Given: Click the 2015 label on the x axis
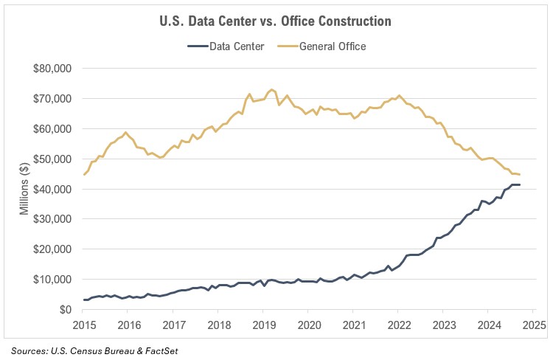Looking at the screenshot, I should (84, 325).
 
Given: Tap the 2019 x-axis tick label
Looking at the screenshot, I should (264, 325).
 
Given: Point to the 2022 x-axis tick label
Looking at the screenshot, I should (399, 325).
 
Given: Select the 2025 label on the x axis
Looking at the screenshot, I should (534, 325).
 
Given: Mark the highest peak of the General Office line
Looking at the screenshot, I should (272, 89).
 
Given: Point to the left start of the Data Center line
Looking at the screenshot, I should (84, 300).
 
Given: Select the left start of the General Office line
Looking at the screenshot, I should (84, 175).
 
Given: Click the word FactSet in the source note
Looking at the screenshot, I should (160, 350).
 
